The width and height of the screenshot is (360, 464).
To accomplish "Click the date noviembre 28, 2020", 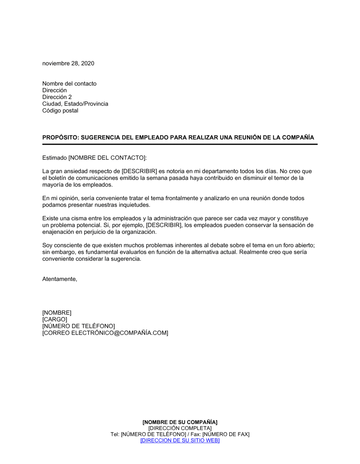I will click(x=68, y=63).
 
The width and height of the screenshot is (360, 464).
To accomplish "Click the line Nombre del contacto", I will click(x=69, y=83).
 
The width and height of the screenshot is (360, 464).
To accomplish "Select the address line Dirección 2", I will click(x=57, y=97).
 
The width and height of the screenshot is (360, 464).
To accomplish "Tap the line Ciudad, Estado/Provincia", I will click(x=75, y=104).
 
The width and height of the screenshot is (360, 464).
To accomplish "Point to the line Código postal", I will click(x=60, y=111).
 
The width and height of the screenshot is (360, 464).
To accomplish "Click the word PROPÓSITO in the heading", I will click(x=59, y=137).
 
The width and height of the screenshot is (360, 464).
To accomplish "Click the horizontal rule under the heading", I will click(x=180, y=144).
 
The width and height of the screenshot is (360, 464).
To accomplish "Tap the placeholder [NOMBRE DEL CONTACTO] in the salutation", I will click(x=107, y=158).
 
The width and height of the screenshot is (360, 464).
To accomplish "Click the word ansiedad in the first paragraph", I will click(x=76, y=171).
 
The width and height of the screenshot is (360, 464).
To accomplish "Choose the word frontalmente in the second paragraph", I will click(x=181, y=198).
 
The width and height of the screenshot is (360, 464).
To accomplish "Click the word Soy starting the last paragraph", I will click(x=47, y=245).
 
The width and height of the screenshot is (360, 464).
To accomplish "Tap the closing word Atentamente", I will click(x=59, y=279).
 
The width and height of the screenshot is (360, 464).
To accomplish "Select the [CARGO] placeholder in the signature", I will click(x=55, y=319).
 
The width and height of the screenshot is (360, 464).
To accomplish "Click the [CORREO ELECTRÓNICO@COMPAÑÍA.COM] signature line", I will click(x=105, y=333).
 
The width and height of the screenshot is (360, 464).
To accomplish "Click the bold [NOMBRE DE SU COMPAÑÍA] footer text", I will click(x=180, y=422).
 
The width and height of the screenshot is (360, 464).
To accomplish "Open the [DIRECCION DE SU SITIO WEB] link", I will click(x=180, y=440).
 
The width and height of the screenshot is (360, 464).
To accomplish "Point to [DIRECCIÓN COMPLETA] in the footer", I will click(x=180, y=428).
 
